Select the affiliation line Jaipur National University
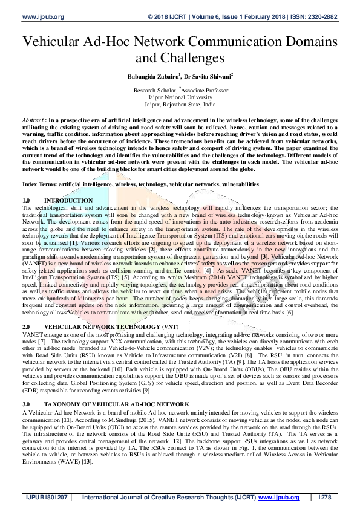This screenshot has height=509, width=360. [180, 96]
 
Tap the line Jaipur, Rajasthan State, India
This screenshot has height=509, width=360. [180, 103]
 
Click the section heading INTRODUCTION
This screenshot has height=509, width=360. [69, 200]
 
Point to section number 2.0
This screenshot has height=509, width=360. [26, 325]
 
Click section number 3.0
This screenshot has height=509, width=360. [26, 404]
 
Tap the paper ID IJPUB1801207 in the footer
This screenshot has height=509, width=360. [46, 498]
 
